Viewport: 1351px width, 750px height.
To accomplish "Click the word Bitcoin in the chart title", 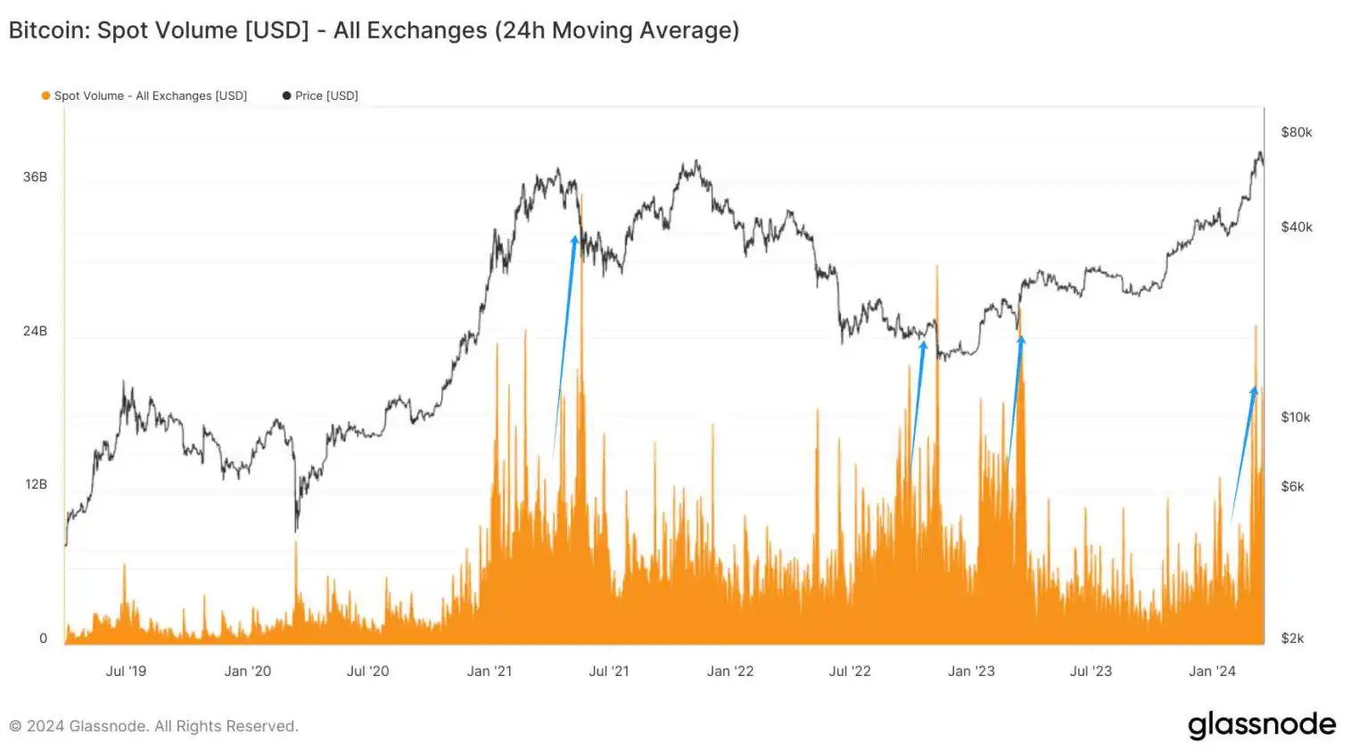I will (x=47, y=30).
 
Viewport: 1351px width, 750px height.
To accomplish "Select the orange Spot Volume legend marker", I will (x=45, y=95).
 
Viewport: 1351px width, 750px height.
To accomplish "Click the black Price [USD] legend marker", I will (x=286, y=95).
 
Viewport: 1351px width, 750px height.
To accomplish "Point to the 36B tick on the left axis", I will (x=35, y=177).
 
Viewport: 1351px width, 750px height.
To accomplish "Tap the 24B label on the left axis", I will (x=35, y=331).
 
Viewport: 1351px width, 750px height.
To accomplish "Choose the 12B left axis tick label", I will (x=36, y=484).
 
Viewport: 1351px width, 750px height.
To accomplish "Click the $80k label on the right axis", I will (x=1296, y=132).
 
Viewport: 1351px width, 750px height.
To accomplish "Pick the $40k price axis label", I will (x=1296, y=227).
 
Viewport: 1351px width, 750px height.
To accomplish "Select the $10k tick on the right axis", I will (x=1296, y=416).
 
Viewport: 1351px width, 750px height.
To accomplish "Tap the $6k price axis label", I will (x=1292, y=486).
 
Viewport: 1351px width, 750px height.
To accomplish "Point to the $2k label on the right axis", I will (x=1292, y=638).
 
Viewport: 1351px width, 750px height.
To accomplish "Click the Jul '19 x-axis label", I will (x=126, y=671).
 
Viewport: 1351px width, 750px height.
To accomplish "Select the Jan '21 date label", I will (x=490, y=671).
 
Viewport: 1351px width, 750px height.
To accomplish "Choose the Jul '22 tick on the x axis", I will (x=849, y=671).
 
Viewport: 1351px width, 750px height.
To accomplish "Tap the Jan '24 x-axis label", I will (x=1212, y=671).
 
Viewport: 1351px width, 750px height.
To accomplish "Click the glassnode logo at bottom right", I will (x=1261, y=724).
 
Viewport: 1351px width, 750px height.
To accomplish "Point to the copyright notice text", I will (x=153, y=726).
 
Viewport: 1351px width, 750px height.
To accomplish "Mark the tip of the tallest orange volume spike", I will (x=581, y=194).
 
